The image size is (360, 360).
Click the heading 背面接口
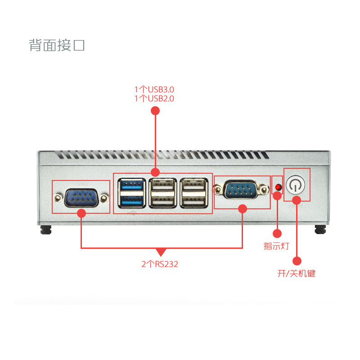57,45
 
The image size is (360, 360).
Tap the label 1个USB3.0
154,89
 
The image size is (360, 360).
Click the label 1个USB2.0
154,98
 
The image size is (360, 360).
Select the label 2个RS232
160,264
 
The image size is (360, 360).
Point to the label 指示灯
276,246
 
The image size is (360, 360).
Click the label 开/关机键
296,273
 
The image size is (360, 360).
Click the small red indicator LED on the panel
278,187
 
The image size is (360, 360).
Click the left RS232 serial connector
81,198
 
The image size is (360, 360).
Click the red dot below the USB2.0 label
155,110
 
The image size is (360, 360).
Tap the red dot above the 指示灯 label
277,234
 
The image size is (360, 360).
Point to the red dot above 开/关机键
297,261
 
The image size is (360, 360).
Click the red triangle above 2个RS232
161,252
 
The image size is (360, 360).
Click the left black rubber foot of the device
45,230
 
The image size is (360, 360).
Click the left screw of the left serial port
58,198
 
